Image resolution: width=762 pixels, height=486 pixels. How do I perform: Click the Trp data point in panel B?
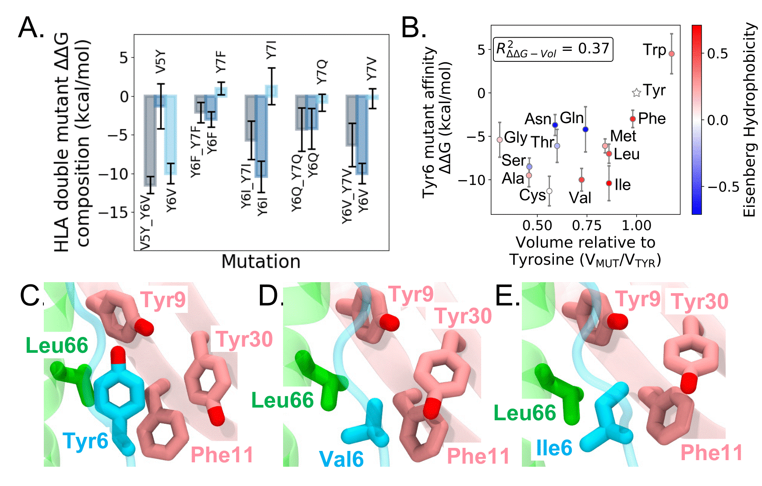671,53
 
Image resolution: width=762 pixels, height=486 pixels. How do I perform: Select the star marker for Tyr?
636,92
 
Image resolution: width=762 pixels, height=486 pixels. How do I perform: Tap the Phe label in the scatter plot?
652,118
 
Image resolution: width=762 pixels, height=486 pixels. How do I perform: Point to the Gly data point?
500,140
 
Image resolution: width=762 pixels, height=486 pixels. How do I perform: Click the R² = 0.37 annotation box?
553,49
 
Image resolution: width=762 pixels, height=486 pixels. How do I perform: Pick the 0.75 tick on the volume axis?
586,225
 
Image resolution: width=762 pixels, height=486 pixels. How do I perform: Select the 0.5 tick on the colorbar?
717,53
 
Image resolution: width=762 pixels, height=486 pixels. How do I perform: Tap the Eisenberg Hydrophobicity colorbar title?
750,119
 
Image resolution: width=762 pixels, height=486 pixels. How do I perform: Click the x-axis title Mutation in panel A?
261,261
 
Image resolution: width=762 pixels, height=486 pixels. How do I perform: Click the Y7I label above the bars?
272,49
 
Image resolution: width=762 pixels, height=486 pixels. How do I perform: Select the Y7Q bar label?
322,72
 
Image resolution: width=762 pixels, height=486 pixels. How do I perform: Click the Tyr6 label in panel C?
85,440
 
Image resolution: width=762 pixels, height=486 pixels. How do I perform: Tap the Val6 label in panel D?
341,459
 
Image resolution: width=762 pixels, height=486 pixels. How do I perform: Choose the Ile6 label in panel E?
554,448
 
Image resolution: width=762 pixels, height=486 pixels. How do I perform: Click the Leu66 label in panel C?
57,345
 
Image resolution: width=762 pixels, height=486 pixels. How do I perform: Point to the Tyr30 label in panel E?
699,302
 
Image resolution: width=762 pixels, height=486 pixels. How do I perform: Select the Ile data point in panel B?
609,183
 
